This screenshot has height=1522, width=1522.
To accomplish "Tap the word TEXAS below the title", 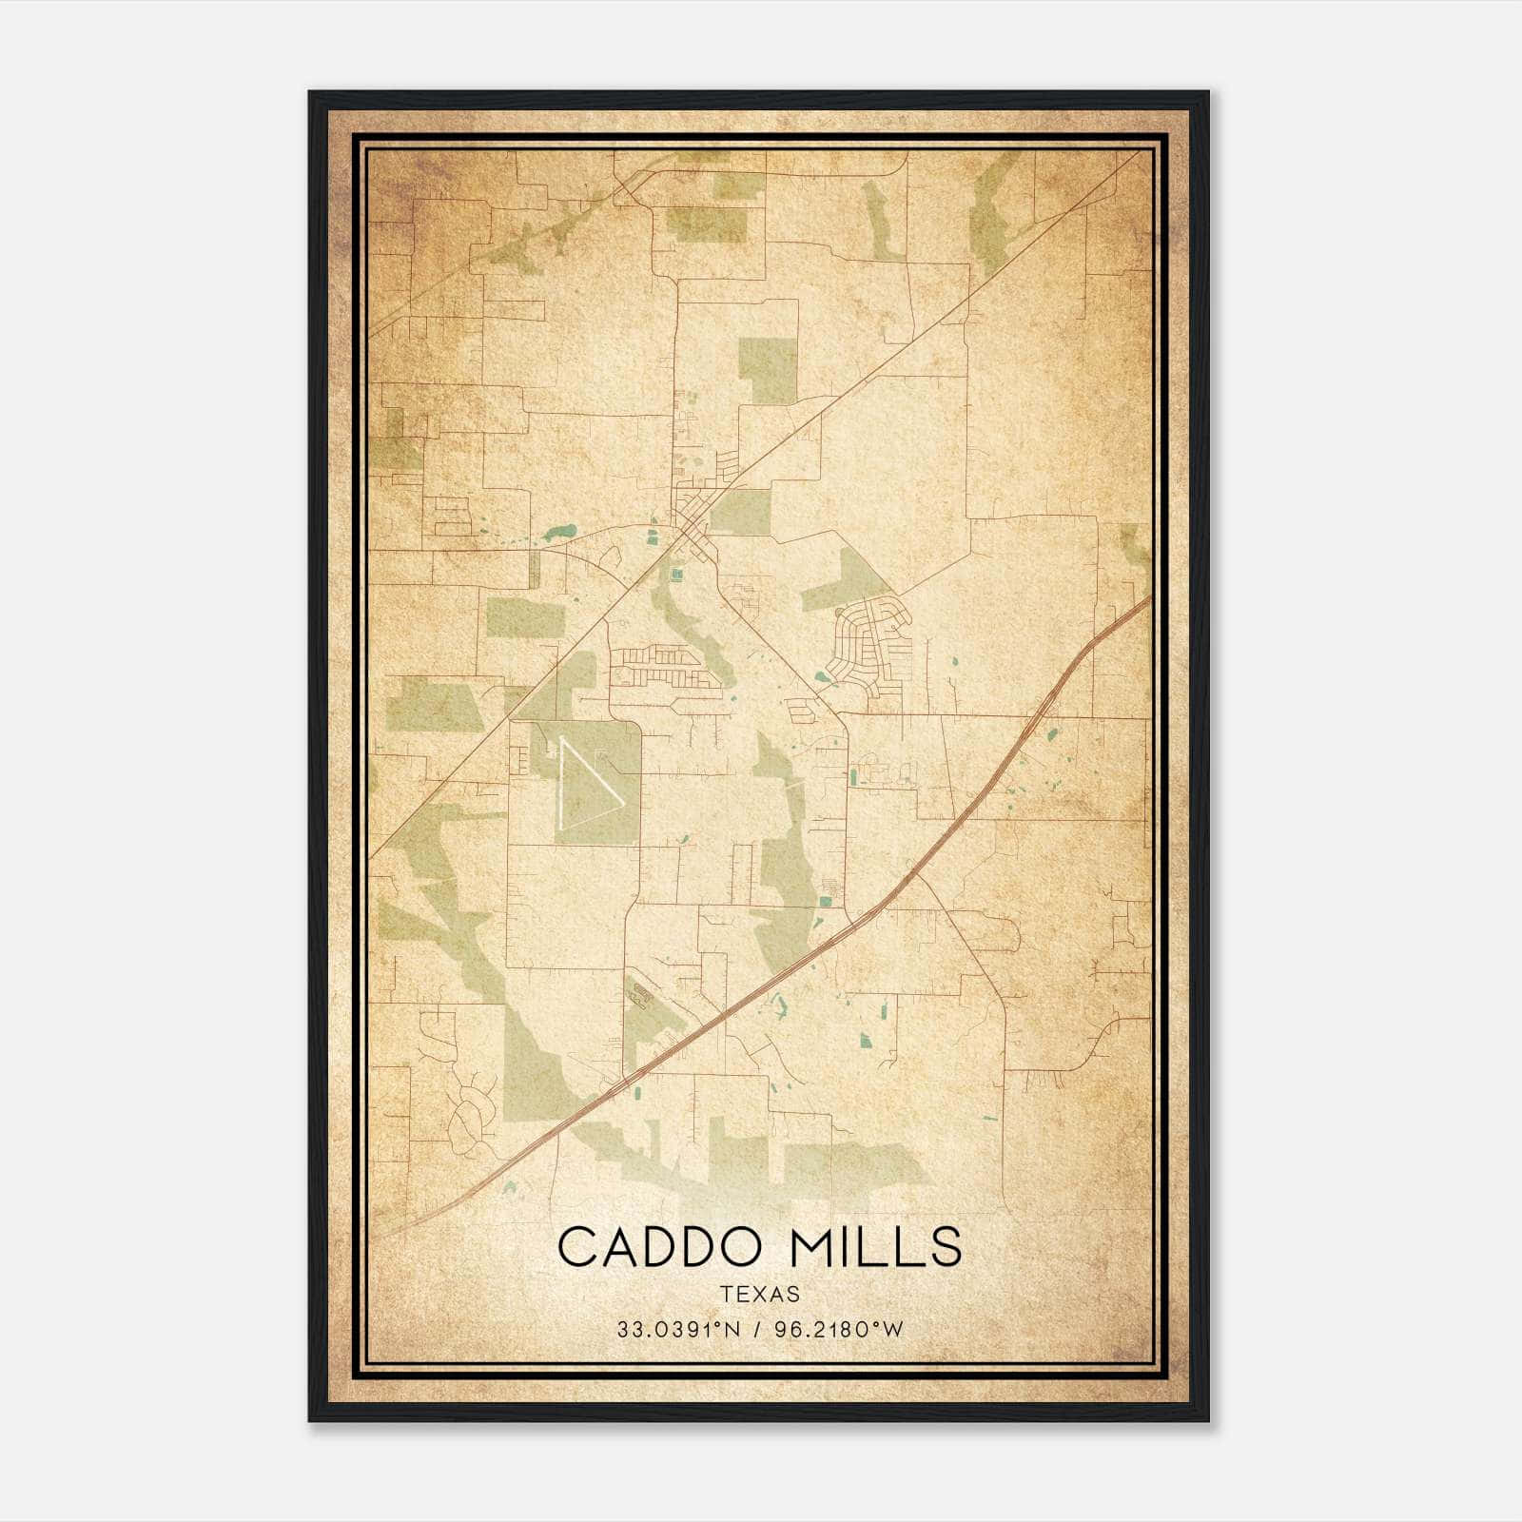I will [759, 1295].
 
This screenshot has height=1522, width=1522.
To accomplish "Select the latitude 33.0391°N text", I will [678, 1330].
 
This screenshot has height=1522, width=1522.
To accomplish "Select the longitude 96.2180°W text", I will [838, 1330].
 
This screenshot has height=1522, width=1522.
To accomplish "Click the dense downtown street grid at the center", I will [694, 523].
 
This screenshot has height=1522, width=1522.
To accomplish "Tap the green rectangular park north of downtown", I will [768, 369].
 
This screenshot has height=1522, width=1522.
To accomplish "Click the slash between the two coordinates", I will [758, 1330].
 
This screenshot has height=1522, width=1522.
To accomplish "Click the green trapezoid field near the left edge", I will [434, 705].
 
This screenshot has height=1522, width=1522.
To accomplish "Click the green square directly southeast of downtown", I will [741, 512].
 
